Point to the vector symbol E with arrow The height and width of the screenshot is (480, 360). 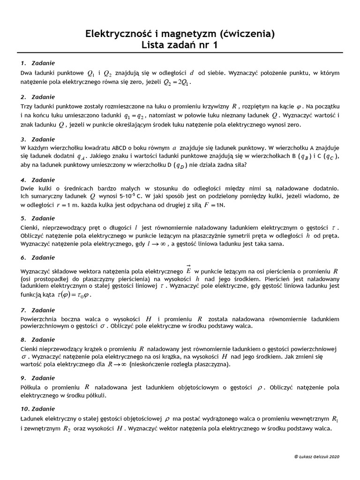188,270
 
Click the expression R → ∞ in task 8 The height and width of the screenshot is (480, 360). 117,365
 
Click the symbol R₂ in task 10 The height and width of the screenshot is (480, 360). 68,429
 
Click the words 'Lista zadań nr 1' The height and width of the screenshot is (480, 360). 180,45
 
